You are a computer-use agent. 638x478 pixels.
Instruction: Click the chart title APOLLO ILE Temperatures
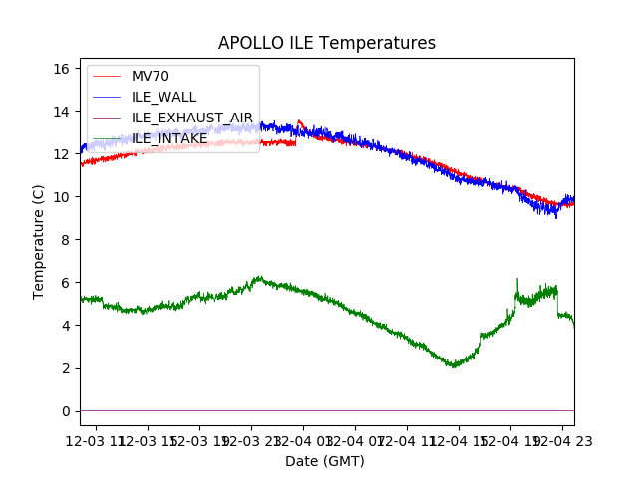tap(327, 44)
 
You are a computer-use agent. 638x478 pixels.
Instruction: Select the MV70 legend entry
tap(151, 77)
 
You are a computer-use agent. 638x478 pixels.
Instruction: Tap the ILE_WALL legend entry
tap(163, 97)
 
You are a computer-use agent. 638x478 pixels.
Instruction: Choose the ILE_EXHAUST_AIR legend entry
tap(192, 118)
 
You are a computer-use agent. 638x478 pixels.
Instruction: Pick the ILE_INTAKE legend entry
tap(169, 138)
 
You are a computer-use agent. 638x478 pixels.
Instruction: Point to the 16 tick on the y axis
tap(61, 69)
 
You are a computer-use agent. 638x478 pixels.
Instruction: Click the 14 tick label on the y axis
tap(61, 112)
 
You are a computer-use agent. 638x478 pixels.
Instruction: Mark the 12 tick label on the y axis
tap(61, 154)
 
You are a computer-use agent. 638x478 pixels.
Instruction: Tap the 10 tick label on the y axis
tap(61, 197)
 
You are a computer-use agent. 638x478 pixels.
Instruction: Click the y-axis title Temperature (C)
tap(39, 242)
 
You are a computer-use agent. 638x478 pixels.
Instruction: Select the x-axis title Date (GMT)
tap(325, 461)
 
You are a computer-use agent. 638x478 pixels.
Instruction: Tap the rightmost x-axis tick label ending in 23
tap(561, 439)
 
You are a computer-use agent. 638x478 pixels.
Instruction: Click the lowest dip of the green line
tap(454, 366)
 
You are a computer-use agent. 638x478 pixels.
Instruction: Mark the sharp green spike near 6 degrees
tap(516, 280)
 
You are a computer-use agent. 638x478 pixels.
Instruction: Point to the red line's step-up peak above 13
tap(299, 121)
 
